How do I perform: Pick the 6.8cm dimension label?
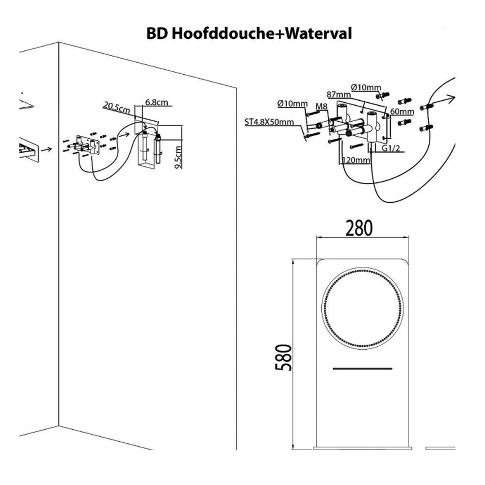tap(156, 103)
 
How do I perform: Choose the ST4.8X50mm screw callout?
tap(269, 122)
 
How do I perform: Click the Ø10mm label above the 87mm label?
tap(367, 87)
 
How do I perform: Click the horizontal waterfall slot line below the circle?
tap(362, 369)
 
